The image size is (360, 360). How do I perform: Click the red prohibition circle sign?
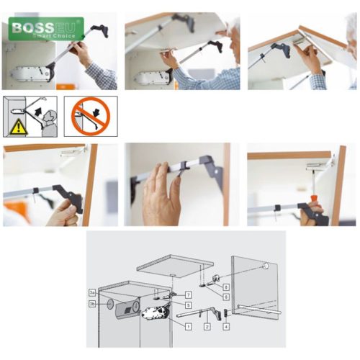(x=90, y=116)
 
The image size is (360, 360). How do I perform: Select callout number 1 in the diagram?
(x=189, y=327)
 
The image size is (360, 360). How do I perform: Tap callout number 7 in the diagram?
(x=189, y=294)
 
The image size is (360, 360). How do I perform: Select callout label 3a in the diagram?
(x=92, y=293)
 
